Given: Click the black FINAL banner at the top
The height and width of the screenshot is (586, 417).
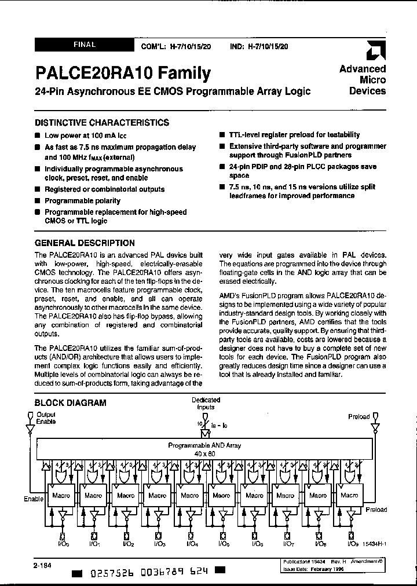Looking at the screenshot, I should coord(85,45).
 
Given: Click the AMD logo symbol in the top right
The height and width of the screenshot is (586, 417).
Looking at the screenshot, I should coord(376,52).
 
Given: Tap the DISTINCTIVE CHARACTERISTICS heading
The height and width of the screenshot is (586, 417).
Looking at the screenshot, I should coord(102,123).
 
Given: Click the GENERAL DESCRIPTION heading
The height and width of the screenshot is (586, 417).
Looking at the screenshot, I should coord(85,243).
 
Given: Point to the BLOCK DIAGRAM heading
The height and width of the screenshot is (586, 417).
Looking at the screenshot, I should coord(71,402).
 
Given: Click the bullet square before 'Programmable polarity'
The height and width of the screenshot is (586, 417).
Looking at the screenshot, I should coord(38,201).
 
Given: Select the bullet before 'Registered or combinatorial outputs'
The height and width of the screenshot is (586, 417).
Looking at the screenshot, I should coord(38,189).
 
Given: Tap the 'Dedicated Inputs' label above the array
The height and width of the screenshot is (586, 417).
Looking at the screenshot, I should coord(206,404).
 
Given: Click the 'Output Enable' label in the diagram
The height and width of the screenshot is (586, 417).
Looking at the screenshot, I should coord(46,419).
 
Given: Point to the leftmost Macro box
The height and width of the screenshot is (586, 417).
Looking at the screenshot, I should coord(61,496).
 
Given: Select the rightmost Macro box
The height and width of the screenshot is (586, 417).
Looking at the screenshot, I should coord(349,496).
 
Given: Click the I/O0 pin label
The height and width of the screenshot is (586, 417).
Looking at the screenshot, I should coord(63,544).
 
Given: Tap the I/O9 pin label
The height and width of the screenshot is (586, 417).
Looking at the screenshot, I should coord(352,544).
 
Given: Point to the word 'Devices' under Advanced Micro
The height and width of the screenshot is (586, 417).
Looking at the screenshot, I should coord(367,91).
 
